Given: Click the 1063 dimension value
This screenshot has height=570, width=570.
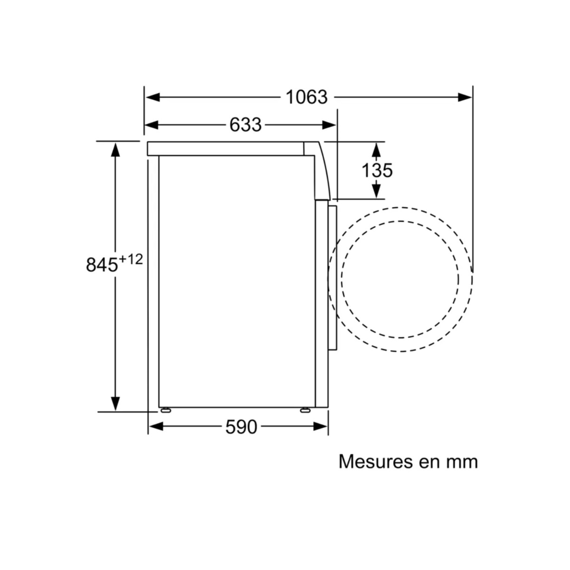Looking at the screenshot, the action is (306, 97).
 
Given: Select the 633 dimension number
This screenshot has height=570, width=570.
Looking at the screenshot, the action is (246, 125).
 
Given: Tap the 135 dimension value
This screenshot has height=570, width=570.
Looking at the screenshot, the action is (377, 171).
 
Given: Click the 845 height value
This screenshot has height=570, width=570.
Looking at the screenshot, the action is (102, 265).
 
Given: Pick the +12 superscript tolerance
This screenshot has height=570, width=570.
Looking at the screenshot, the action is (131, 260).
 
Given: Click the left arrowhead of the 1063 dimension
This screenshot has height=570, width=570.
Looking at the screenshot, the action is (153, 97).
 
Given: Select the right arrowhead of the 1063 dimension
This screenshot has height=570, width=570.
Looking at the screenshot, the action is (465, 97).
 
